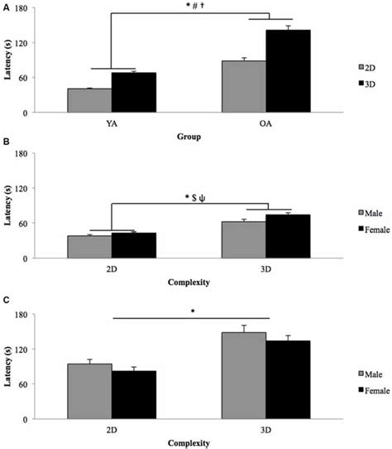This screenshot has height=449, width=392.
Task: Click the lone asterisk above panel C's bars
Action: (193, 311)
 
